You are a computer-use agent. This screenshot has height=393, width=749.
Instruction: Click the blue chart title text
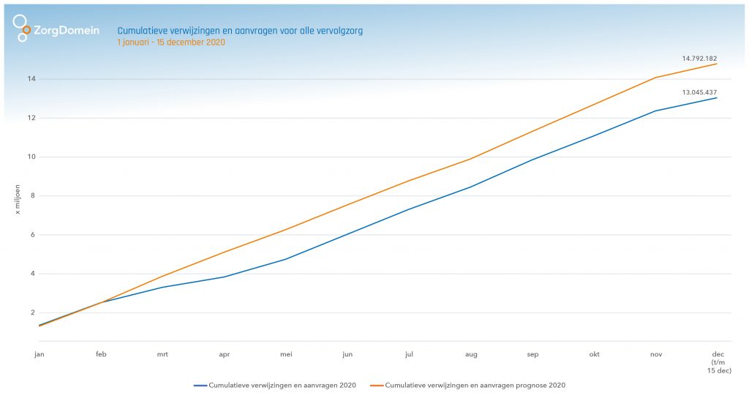pos(240,31)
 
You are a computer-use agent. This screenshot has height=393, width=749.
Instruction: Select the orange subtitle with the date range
pos(171,42)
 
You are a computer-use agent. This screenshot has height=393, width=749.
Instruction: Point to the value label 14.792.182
pos(699,57)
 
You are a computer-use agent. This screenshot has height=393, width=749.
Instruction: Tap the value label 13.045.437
pos(699,92)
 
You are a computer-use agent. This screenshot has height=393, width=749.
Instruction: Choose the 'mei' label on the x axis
pos(286,354)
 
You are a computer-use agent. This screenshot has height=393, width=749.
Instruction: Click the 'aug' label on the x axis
pos(471,354)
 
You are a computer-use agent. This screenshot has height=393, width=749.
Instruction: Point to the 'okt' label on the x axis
pos(594,354)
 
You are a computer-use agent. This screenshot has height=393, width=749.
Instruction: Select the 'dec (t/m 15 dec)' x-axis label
pos(718,362)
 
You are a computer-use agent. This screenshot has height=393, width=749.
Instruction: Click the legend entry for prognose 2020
pos(475,385)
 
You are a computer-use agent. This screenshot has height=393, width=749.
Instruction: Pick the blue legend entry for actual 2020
pos(282,385)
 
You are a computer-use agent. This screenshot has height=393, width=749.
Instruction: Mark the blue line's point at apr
pos(225,277)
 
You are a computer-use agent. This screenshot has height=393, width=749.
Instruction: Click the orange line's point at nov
pos(656,78)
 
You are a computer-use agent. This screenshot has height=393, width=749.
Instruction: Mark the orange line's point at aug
pos(471,159)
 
